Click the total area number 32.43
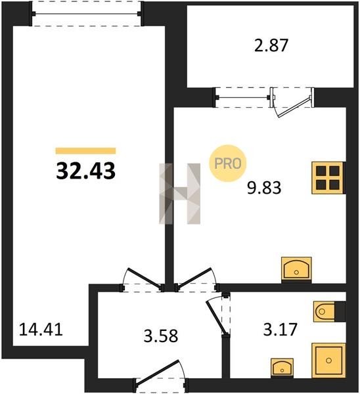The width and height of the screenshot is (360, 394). point(85,171)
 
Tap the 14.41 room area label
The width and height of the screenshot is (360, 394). point(41,330)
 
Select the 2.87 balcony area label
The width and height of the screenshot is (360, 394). point(271,45)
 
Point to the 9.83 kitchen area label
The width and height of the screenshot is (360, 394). point(264,188)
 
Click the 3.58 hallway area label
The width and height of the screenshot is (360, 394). point(161,336)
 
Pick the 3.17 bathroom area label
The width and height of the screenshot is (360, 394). point(281,330)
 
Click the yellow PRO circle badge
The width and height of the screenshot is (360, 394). point(228,164)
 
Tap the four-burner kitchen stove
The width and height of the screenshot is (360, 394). point(327,178)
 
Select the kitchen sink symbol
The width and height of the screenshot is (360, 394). point(296,269)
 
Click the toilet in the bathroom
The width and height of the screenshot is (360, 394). point(325,311)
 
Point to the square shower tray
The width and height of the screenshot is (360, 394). point(328,361)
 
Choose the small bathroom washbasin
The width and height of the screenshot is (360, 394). point(282,368)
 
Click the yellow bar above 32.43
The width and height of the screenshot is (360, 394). point(85,151)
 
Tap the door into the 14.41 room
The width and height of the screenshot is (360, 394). point(143,280)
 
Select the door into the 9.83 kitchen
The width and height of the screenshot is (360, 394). point(196,280)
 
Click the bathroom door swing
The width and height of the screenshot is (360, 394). point(218,314)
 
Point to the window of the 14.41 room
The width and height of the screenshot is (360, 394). point(87,14)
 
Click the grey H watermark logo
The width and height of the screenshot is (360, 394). point(180,194)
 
